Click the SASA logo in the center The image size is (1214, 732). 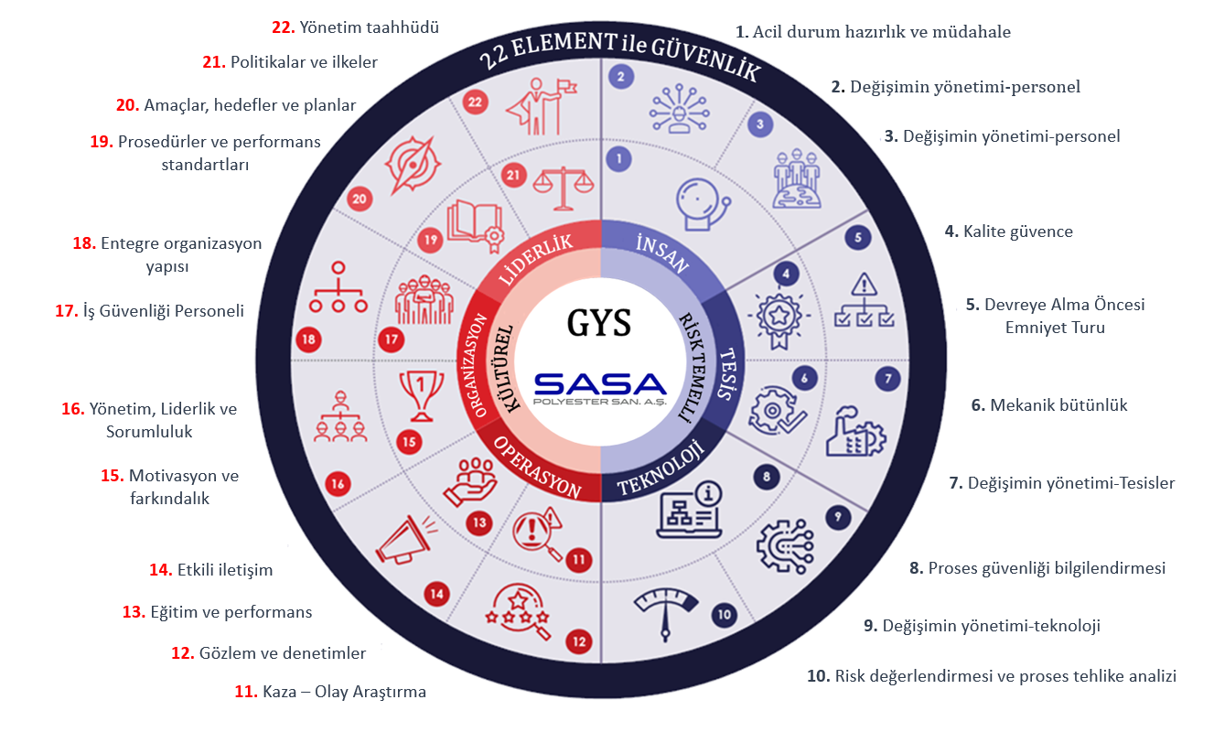601,389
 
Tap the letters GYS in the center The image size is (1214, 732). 600,325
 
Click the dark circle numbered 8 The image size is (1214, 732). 766,476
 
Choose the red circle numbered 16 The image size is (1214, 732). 338,484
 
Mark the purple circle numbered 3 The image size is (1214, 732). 759,123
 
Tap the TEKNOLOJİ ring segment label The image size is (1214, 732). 659,469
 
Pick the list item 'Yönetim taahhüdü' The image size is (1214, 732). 355,27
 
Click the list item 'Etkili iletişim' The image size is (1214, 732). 210,570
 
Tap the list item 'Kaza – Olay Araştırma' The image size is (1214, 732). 330,692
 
